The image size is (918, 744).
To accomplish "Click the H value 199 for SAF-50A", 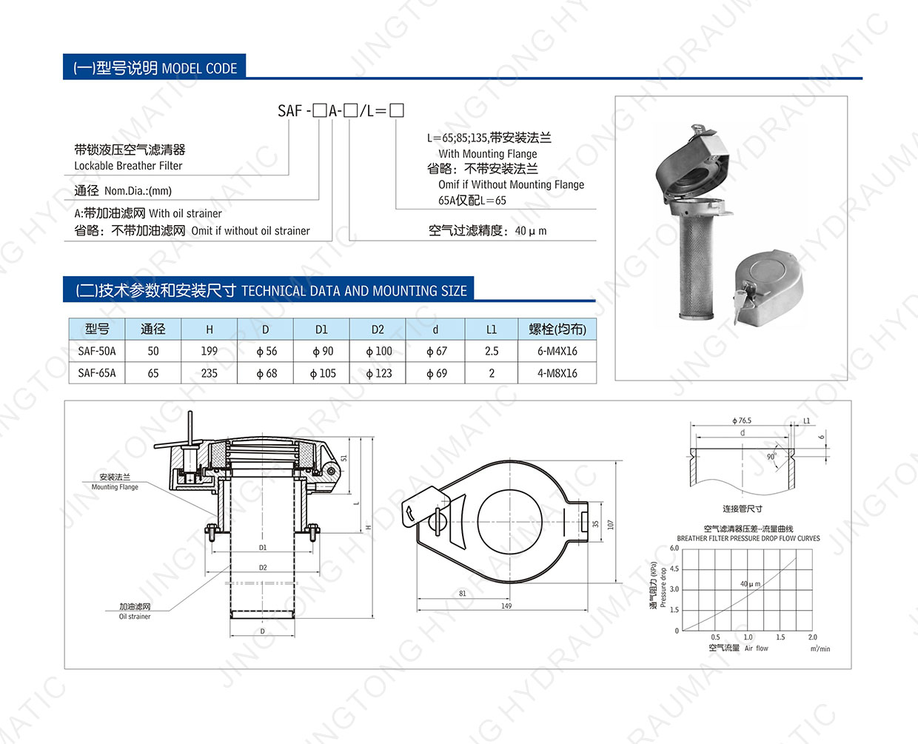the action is pyautogui.click(x=209, y=351).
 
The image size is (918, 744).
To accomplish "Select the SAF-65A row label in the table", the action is pyautogui.click(x=97, y=373).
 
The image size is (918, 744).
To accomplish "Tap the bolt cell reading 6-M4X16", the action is pyautogui.click(x=557, y=351).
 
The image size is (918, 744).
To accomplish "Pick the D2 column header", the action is pyautogui.click(x=378, y=329).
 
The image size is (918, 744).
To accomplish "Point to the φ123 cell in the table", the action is pyautogui.click(x=379, y=373).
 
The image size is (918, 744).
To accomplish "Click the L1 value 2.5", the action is pyautogui.click(x=492, y=351).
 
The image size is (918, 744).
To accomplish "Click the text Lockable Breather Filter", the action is pyautogui.click(x=128, y=166).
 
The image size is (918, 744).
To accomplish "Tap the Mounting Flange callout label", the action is pyautogui.click(x=115, y=487).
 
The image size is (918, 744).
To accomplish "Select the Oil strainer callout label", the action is pyautogui.click(x=135, y=617).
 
